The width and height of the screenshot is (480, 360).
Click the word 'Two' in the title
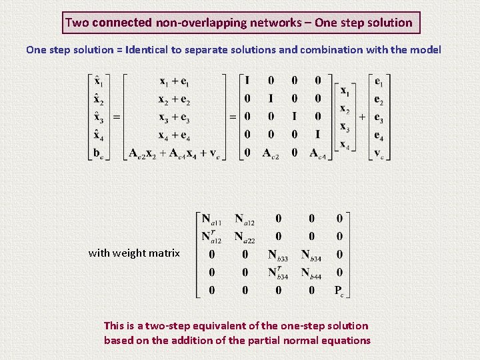pos(77,23)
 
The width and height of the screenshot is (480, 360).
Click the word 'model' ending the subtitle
pos(426,50)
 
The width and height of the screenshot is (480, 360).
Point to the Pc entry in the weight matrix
pos(339,290)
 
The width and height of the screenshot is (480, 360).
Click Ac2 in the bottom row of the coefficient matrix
pos(271,153)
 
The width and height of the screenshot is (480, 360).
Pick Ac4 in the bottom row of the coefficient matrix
pos(318,153)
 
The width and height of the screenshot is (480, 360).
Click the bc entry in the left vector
pos(99,153)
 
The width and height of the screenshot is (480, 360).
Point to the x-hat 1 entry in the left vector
pos(99,82)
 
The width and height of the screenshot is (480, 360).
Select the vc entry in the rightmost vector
pos(379,153)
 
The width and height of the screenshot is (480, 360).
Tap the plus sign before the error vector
pos(362,117)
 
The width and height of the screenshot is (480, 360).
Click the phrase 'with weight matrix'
pos(134,253)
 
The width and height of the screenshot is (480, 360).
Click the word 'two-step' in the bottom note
pos(169,326)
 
